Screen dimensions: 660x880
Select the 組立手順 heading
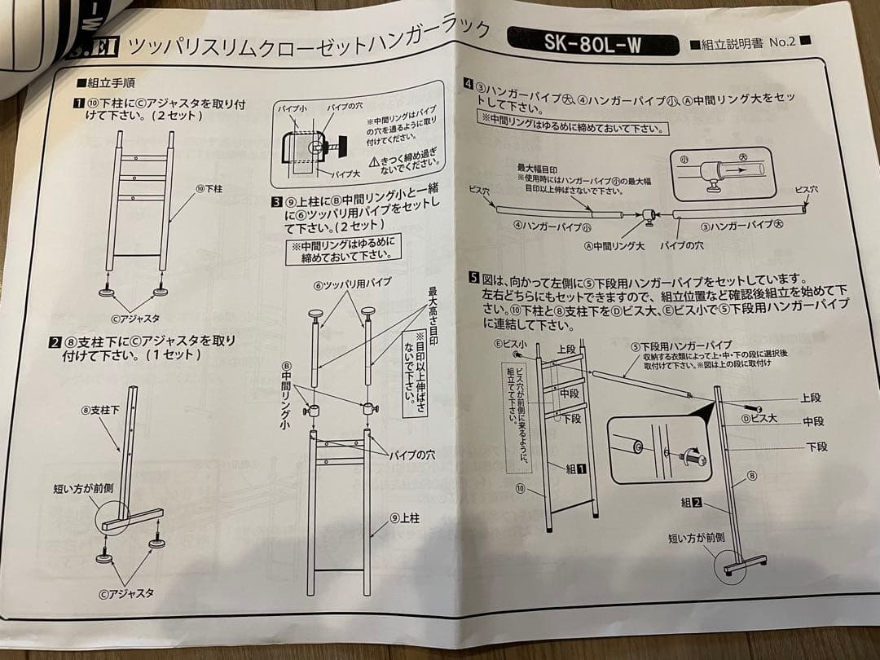click(x=105, y=82)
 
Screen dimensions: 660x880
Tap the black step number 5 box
click(x=473, y=278)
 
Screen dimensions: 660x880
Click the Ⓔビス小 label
click(x=509, y=345)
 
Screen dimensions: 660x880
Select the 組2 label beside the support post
click(x=692, y=503)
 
